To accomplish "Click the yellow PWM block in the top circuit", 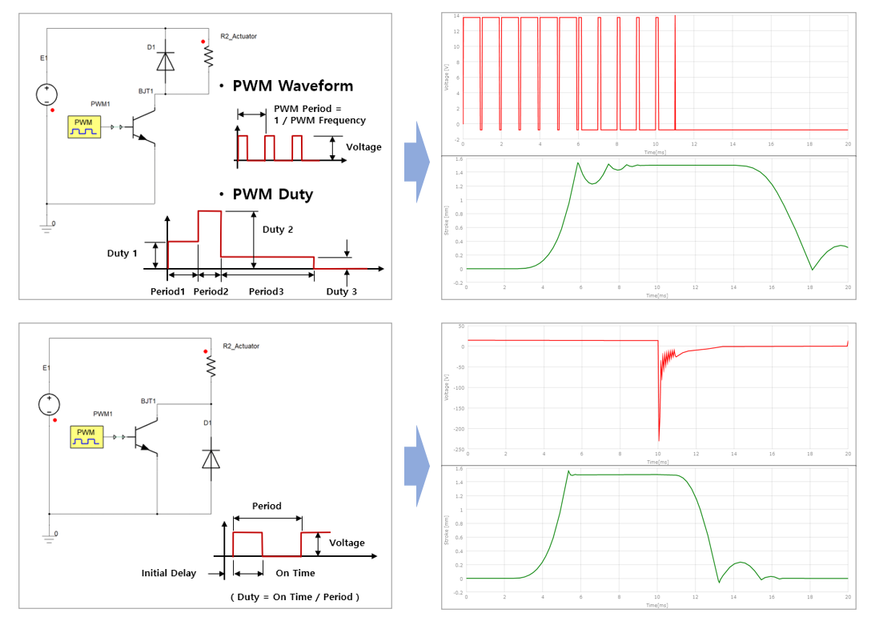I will tap(85, 126).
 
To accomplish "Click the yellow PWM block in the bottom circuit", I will tap(86, 435).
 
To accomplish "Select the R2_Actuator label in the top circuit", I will tap(239, 36).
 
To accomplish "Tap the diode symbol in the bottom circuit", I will tap(211, 459).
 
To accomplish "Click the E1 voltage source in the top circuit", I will tap(47, 95).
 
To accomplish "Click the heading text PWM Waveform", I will tap(292, 86).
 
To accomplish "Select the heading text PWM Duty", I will tap(273, 194).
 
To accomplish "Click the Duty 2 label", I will tap(278, 230).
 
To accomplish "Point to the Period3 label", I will tap(266, 291).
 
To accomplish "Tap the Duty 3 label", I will tap(342, 291).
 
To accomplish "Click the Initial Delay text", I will tap(168, 573).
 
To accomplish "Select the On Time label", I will tap(295, 573).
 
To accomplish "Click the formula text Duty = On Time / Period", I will tap(295, 597).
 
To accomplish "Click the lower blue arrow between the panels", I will tap(416, 466).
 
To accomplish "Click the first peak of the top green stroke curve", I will tap(578, 163).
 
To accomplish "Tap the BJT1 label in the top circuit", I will tap(146, 92).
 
